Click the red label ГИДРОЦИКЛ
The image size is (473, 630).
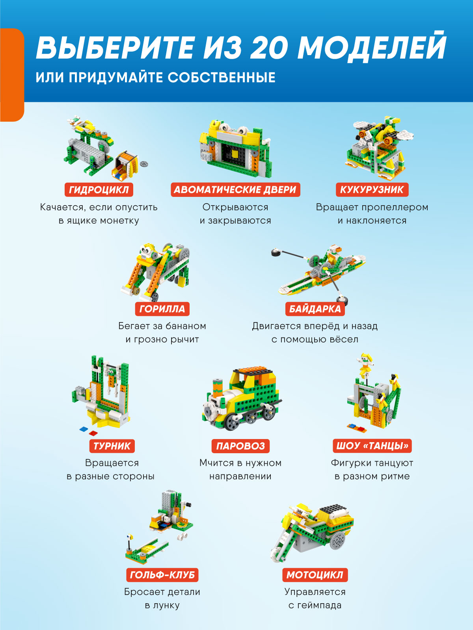pyautogui.click(x=99, y=190)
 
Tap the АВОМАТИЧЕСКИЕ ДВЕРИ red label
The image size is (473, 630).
pyautogui.click(x=235, y=190)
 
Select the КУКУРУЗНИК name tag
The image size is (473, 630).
pyautogui.click(x=372, y=190)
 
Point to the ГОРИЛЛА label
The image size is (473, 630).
pyautogui.click(x=162, y=309)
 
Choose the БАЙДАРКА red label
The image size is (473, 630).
pyautogui.click(x=315, y=309)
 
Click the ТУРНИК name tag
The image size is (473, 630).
pyautogui.click(x=112, y=446)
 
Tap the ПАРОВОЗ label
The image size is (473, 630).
pyautogui.click(x=241, y=446)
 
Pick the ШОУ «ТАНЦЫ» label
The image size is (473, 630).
pyautogui.click(x=372, y=446)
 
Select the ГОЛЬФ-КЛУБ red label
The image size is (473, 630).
pyautogui.click(x=162, y=575)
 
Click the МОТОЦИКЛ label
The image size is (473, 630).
pyautogui.click(x=315, y=575)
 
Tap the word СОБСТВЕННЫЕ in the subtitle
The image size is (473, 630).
pyautogui.click(x=222, y=78)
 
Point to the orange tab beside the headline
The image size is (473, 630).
pyautogui.click(x=12, y=75)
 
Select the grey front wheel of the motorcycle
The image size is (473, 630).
pyautogui.click(x=278, y=554)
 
